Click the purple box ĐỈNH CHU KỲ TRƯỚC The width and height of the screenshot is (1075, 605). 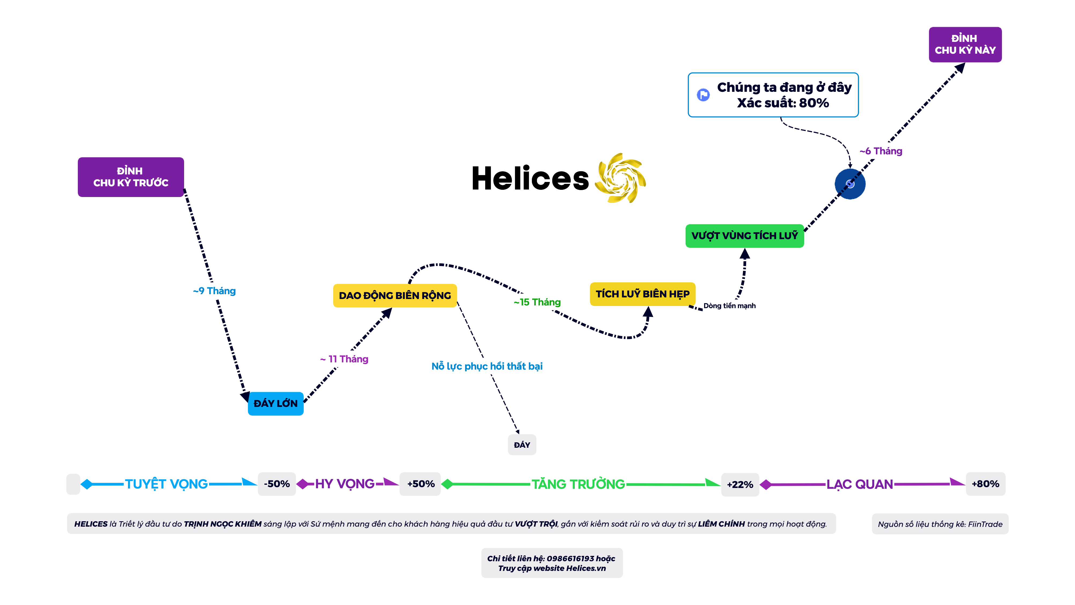[x=131, y=177]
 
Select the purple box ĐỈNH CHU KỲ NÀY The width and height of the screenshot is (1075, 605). [x=965, y=45]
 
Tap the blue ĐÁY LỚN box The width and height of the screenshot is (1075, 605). [x=275, y=403]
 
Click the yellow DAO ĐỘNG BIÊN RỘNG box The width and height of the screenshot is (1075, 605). [x=395, y=296]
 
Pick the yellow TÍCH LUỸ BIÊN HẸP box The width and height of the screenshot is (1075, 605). [x=642, y=294]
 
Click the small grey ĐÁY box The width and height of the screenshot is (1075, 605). [x=522, y=445]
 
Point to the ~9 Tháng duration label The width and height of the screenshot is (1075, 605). [x=214, y=291]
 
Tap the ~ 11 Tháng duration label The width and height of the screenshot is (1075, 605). [x=344, y=359]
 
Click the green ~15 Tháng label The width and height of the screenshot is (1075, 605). [x=537, y=302]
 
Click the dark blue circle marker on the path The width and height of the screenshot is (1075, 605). [x=850, y=184]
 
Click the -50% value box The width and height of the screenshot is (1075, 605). [x=277, y=484]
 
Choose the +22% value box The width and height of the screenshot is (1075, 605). [x=740, y=484]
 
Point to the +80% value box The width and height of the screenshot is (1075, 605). [x=985, y=484]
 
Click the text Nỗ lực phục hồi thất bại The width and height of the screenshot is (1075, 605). [x=487, y=366]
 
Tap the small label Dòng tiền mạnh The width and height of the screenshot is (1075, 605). [x=729, y=306]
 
